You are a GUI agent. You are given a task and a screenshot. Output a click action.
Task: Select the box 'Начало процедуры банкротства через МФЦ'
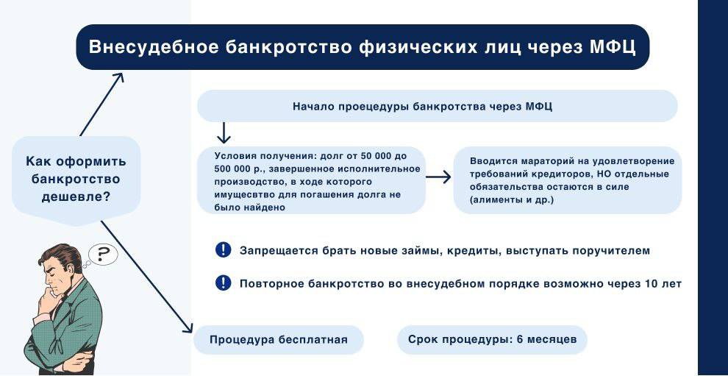click(437, 106)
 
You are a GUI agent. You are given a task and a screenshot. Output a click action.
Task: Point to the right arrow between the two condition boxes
click(439, 177)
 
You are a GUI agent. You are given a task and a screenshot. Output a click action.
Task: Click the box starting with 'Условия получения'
click(312, 181)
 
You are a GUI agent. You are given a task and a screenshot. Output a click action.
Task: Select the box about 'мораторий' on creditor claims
click(568, 180)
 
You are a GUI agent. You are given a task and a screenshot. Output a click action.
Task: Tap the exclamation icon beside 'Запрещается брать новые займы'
click(224, 250)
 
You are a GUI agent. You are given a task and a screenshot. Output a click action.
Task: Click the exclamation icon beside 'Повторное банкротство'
click(224, 283)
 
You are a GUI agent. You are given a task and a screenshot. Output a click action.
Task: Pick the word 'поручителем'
click(613, 251)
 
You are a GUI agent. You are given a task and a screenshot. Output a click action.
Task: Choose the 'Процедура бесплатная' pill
click(278, 340)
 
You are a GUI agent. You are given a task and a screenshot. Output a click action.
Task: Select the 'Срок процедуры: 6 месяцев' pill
click(492, 340)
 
